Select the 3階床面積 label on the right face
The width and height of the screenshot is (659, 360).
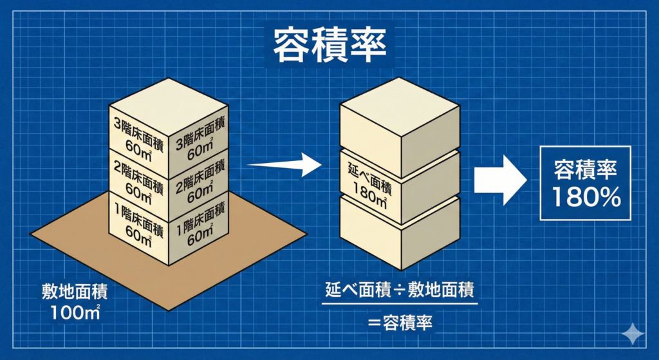(200, 138)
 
